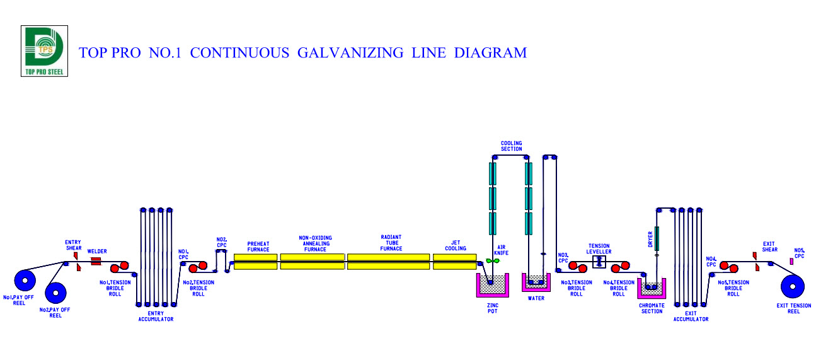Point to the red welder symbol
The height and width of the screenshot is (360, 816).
pyautogui.click(x=96, y=260)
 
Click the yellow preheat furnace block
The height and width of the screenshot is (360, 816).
pyautogui.click(x=255, y=262)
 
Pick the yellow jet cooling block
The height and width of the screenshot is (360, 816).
pyautogui.click(x=454, y=262)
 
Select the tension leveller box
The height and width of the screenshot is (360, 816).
pyautogui.click(x=599, y=261)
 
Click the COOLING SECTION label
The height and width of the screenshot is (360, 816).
pyautogui.click(x=511, y=146)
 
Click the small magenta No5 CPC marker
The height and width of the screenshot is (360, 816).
pyautogui.click(x=791, y=262)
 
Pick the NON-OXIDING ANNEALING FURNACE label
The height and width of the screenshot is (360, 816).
pyautogui.click(x=315, y=243)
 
